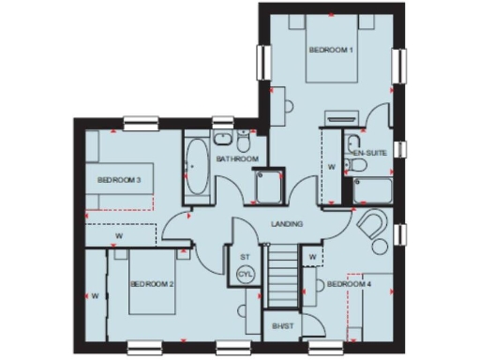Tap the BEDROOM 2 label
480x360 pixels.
[153, 284]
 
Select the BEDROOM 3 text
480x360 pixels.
[119, 180]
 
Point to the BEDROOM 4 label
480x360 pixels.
[349, 283]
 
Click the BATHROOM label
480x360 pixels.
[237, 159]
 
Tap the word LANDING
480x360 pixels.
[286, 223]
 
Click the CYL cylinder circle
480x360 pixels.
[246, 274]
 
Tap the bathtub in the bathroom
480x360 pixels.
[197, 170]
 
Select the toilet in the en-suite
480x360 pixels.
[357, 166]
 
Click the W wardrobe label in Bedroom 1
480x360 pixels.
[331, 168]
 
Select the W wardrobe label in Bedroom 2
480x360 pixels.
[96, 295]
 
